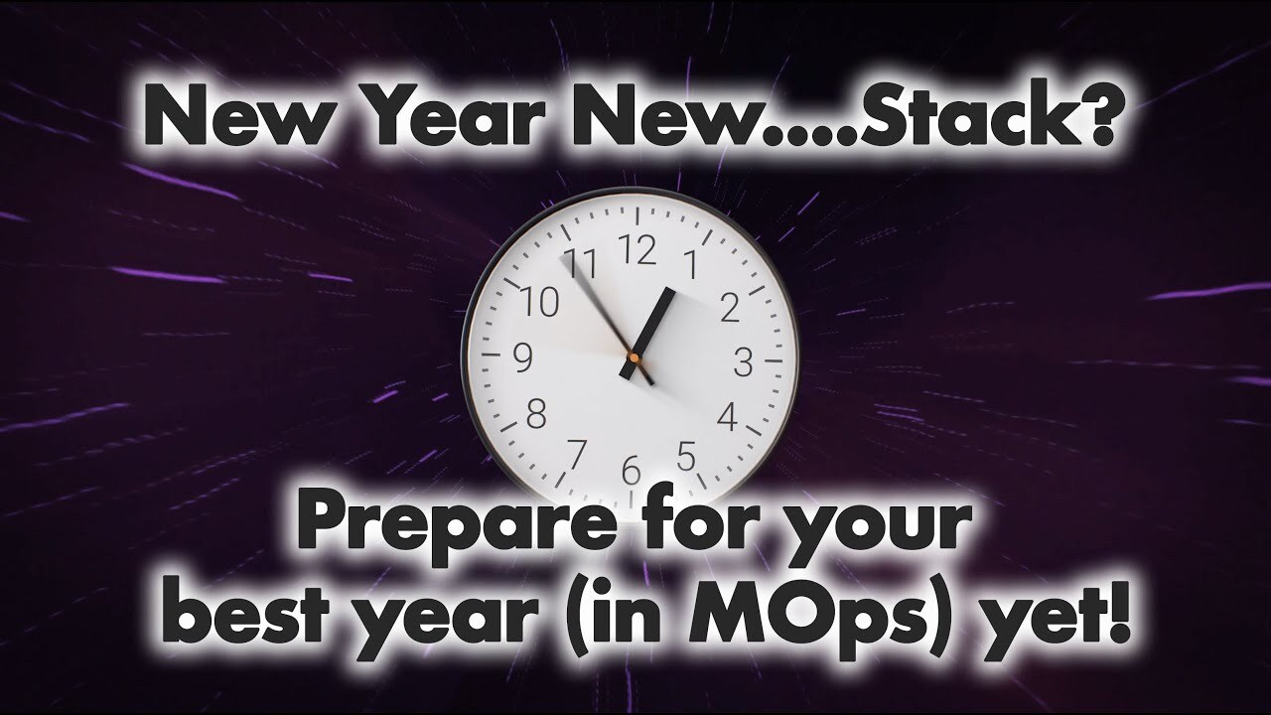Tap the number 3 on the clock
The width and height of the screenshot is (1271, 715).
[743, 362]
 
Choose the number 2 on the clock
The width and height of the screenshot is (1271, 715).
[729, 309]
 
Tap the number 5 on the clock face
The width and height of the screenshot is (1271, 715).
[685, 457]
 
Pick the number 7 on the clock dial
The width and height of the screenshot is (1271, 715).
[576, 454]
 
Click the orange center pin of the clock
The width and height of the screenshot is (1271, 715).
[633, 355]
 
